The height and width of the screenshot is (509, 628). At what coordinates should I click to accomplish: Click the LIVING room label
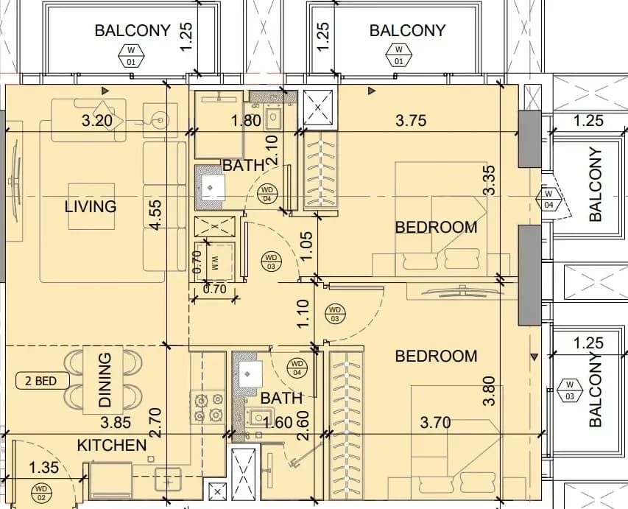(x=91, y=206)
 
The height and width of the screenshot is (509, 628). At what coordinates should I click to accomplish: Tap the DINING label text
(x=105, y=379)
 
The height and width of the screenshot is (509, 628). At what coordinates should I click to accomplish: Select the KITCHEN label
(x=112, y=445)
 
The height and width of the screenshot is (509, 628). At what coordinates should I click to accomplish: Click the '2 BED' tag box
(x=42, y=380)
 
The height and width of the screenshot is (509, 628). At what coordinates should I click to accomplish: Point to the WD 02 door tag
(x=41, y=493)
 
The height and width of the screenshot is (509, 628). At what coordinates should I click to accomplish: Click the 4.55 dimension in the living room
(x=156, y=215)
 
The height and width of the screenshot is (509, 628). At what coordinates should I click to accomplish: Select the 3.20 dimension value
(x=96, y=120)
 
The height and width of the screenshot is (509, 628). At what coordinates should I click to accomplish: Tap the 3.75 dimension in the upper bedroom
(x=411, y=120)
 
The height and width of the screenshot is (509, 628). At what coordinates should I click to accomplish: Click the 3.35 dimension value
(x=490, y=180)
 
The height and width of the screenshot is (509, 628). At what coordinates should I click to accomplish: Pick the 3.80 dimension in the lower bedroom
(x=490, y=390)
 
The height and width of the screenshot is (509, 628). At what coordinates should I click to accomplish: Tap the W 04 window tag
(x=548, y=199)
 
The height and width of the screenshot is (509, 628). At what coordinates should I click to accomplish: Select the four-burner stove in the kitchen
(x=208, y=407)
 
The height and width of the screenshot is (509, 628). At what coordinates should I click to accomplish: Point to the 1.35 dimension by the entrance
(x=43, y=467)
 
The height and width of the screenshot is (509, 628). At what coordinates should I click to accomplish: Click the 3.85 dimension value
(x=116, y=422)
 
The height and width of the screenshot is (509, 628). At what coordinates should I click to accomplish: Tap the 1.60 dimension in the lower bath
(x=278, y=422)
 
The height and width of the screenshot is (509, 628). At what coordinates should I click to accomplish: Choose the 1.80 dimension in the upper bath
(x=247, y=120)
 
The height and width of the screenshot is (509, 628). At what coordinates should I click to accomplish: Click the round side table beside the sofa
(x=160, y=120)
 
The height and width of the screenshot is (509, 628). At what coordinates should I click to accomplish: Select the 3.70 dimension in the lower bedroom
(x=435, y=422)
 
